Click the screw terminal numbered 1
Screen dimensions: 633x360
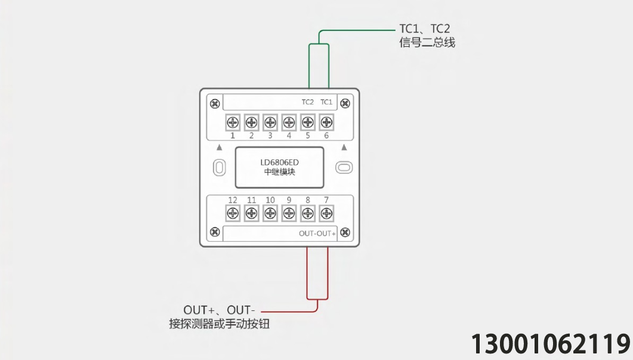[x=233, y=122]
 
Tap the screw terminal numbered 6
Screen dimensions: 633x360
[x=326, y=122]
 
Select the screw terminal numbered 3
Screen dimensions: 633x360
[x=270, y=122]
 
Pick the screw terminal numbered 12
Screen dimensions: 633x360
[x=233, y=213]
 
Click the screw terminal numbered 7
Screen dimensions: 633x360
[x=326, y=213]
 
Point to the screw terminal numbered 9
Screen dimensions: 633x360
[x=289, y=213]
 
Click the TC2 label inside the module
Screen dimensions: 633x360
[x=308, y=102]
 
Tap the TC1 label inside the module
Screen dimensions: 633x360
[x=326, y=102]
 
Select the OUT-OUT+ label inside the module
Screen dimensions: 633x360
[x=317, y=233]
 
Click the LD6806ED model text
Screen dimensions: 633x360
[x=279, y=162]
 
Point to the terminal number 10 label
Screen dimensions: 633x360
[x=270, y=200]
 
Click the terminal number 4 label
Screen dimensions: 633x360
[x=289, y=136]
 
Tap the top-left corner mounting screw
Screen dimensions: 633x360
[x=215, y=104]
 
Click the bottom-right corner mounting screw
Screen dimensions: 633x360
[x=345, y=232]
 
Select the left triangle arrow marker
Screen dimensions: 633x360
[x=219, y=147]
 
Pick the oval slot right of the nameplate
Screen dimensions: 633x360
[x=344, y=168]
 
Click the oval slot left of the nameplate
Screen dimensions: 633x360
[x=219, y=168]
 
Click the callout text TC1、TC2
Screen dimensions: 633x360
[x=424, y=29]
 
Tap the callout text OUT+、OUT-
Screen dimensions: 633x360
[x=219, y=310]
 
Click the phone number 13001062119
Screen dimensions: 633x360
[x=551, y=344]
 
